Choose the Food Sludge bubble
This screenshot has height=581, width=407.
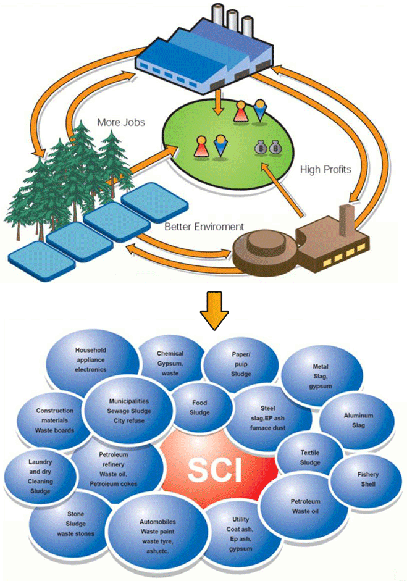coord(199,407)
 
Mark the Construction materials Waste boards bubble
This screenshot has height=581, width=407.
coord(54,420)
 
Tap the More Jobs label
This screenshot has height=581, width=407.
coord(121,122)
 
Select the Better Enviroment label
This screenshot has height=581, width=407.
coord(204,227)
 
